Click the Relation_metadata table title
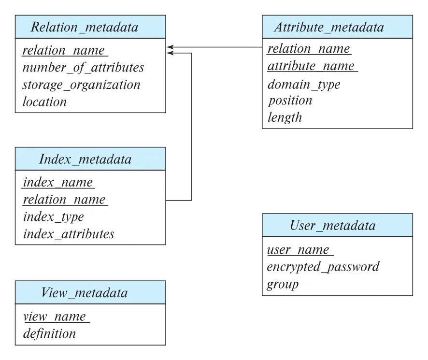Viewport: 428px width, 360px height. coord(85,28)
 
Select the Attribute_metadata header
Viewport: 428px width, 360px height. coord(329,28)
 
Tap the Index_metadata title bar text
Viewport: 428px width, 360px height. coord(85,159)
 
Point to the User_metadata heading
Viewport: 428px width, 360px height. coord(333,226)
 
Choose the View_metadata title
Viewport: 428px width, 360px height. coord(85,293)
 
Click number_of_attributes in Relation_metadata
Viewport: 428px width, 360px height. coord(83,68)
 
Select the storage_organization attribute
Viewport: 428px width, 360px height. coord(81,85)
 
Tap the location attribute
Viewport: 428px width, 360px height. coord(44,102)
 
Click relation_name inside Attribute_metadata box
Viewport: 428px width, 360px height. coord(309,49)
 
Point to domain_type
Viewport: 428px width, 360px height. coord(304,85)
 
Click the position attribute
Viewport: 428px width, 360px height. coord(290,101)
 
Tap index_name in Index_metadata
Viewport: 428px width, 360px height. coord(58,182)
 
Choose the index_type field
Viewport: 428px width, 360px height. coord(54,217)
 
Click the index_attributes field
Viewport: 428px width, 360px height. coord(69,234)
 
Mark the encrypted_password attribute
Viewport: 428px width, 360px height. coord(323,267)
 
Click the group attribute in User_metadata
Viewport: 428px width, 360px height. coord(283,285)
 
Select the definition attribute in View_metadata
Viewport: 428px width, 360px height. coord(49,333)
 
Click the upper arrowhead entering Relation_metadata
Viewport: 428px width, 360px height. coord(170,47)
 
